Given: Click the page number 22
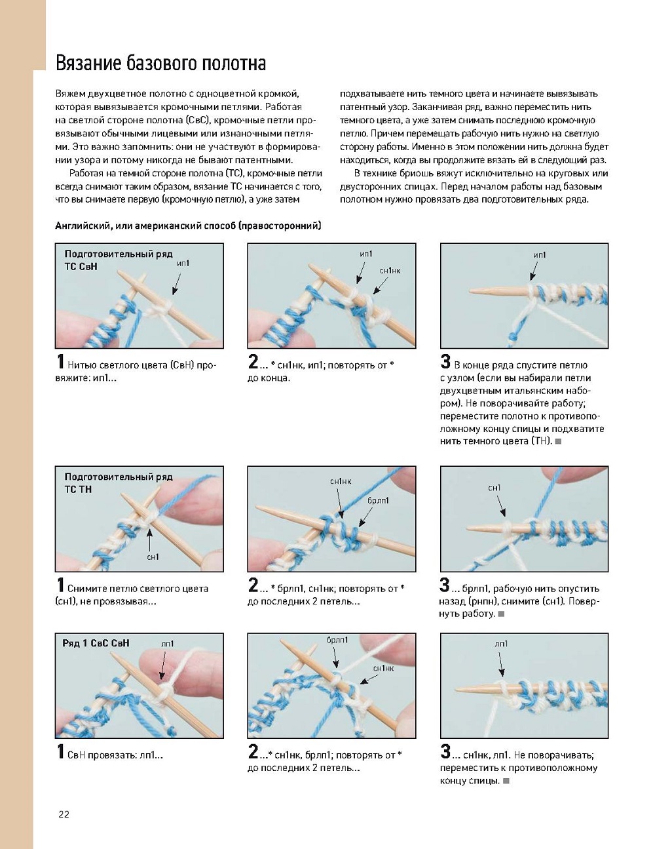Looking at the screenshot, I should point(64,814).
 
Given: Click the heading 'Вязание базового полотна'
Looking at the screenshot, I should point(160,64).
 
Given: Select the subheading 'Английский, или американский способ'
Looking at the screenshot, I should point(188,226).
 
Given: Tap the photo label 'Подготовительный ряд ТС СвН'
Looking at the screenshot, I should point(118,260).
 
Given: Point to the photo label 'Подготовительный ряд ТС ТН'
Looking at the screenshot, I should point(118,483).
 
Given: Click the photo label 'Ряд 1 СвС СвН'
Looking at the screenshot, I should point(96,644).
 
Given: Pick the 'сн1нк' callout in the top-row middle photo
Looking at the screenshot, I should point(390,270).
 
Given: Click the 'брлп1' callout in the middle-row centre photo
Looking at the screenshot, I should point(378,500).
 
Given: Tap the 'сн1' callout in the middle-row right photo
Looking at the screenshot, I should point(494,488).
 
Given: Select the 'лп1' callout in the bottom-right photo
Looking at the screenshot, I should point(501,644).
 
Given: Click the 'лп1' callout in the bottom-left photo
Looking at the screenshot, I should point(167,644).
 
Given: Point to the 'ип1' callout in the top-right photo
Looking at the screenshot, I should point(540,255).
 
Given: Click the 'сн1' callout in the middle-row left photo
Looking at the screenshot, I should point(153,557).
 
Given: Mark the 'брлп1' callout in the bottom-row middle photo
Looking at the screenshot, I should point(337,640).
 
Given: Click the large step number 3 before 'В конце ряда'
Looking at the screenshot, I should point(445,362).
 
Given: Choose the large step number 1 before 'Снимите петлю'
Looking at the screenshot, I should point(60,585).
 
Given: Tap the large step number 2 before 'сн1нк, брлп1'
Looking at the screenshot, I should point(253,752).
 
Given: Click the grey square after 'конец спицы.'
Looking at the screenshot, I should point(506,781).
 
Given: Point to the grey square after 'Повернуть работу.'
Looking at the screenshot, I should point(501,614).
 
